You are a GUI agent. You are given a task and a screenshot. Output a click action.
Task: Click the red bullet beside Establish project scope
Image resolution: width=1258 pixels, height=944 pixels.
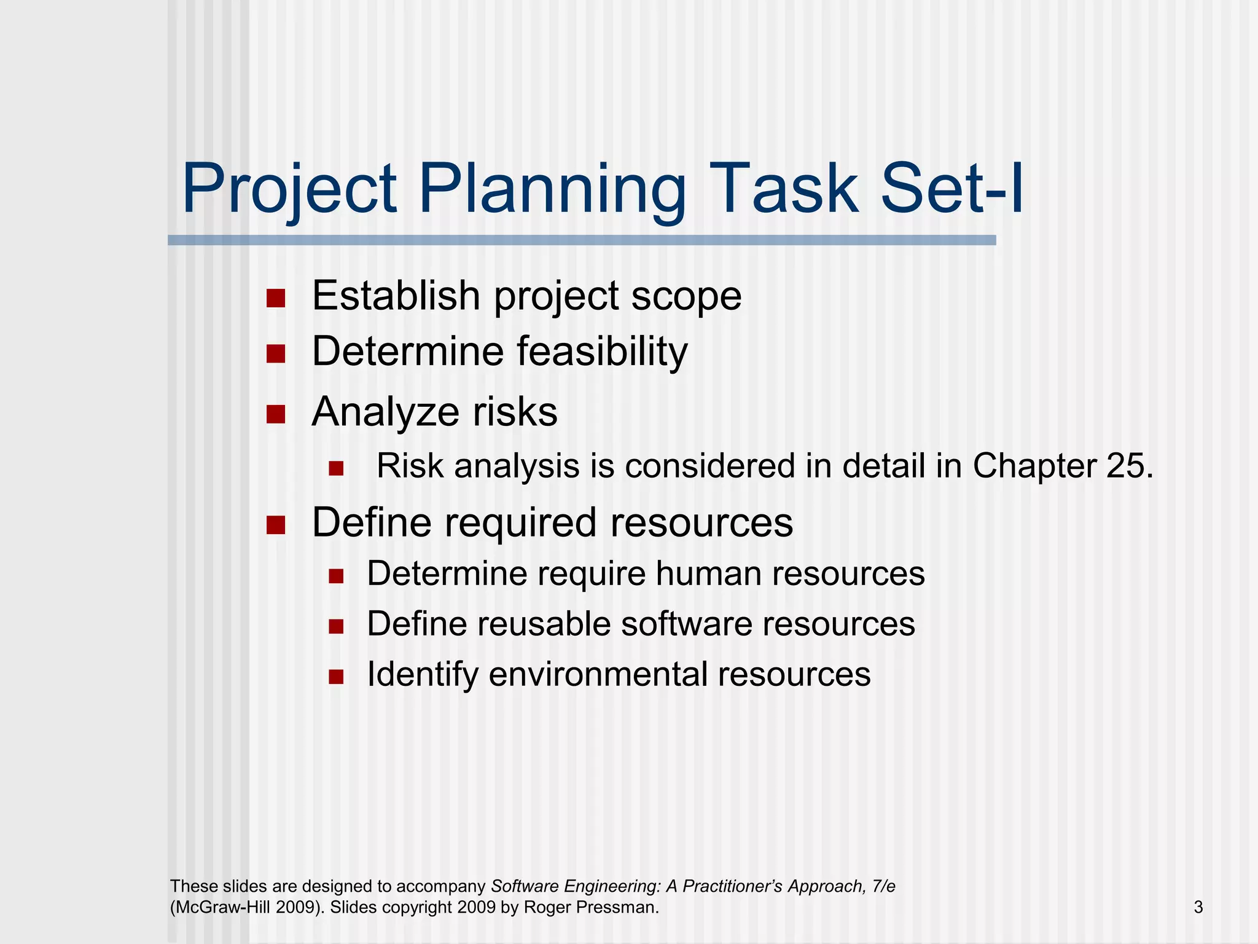tap(276, 299)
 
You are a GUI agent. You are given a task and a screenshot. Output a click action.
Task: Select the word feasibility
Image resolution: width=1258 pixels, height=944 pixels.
tap(602, 352)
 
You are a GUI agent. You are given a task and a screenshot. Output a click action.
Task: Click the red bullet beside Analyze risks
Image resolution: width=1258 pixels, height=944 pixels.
tap(276, 414)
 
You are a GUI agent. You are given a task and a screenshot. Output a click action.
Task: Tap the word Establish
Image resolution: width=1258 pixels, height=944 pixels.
tap(396, 296)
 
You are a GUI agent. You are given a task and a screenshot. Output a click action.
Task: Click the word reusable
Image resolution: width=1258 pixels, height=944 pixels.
tap(542, 624)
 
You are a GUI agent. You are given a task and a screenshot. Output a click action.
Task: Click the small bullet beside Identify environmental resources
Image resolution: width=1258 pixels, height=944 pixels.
tap(336, 677)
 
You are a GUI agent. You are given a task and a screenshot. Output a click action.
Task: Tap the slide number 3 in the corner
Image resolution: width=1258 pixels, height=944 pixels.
tap(1198, 907)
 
